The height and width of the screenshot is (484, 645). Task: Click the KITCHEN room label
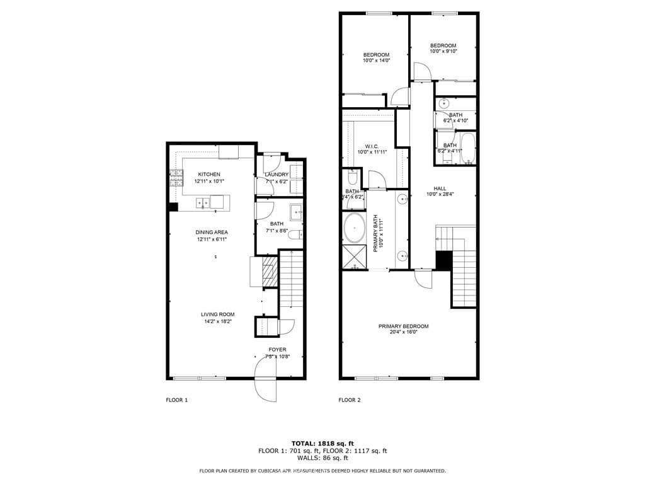(x=208, y=174)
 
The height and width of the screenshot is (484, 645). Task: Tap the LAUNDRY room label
(x=277, y=175)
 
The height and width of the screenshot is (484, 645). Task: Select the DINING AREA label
(x=212, y=232)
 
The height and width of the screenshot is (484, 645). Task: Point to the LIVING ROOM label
(x=217, y=314)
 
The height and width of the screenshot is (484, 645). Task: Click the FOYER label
(x=277, y=349)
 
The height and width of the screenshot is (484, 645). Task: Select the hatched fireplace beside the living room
(x=269, y=267)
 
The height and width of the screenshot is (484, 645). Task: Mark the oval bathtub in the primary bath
(x=354, y=228)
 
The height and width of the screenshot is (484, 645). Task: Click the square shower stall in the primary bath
(x=353, y=256)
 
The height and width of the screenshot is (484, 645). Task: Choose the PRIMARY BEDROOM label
(x=403, y=326)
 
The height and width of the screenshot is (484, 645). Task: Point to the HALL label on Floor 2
(x=440, y=188)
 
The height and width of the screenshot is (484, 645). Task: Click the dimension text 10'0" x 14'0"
(x=376, y=60)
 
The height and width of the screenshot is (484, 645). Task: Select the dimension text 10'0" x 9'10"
(x=443, y=51)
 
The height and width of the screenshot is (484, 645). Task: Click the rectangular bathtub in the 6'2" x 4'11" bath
(x=467, y=147)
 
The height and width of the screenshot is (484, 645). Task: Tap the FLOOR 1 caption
(x=176, y=400)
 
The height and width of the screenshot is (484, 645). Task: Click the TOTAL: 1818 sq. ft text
(x=322, y=443)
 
